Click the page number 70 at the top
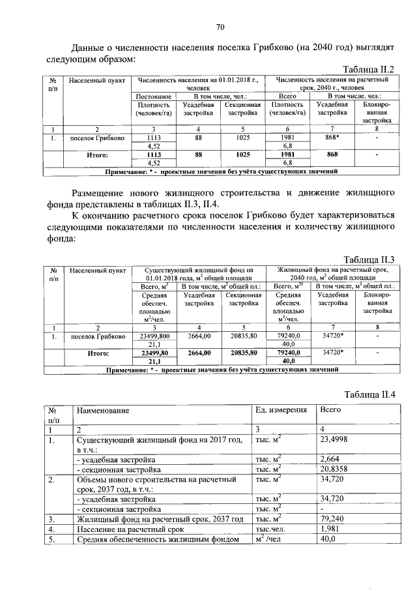click(x=220, y=27)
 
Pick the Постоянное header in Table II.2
click(x=154, y=96)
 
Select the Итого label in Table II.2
click(x=96, y=155)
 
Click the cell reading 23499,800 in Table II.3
click(x=154, y=336)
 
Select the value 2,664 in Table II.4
click(x=330, y=459)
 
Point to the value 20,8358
click(x=334, y=469)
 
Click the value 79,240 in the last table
click(x=332, y=519)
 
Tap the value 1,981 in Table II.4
click(x=330, y=529)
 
